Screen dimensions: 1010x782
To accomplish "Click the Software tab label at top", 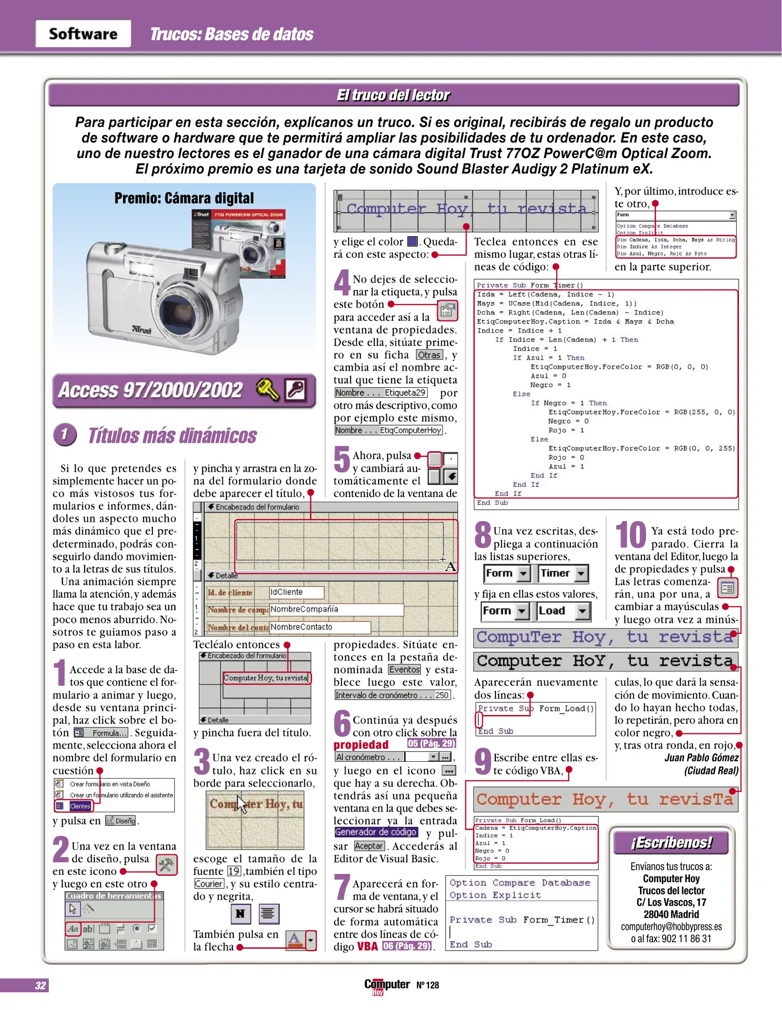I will (83, 34).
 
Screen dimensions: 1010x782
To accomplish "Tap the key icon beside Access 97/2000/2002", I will (268, 389).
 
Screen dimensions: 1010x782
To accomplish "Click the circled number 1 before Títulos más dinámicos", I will (65, 434).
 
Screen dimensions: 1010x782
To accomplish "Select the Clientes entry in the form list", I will (79, 806).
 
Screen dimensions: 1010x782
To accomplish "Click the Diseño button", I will (121, 821).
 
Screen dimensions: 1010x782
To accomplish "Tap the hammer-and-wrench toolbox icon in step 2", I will (166, 865).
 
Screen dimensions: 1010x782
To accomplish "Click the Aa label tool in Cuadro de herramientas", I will (72, 929).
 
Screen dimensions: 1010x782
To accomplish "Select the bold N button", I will (240, 913).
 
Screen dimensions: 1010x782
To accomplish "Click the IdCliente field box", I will (296, 592).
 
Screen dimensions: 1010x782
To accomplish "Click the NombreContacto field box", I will (320, 627).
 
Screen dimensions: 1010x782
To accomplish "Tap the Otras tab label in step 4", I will (429, 355).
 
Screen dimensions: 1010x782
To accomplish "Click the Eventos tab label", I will (404, 670).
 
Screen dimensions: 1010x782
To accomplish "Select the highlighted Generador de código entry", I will (376, 832).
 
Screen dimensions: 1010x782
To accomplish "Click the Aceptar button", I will (369, 846).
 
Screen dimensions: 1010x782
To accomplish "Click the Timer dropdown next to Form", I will (562, 573).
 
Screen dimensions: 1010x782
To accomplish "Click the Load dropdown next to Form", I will (562, 610).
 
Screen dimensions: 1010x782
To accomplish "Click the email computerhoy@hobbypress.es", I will (671, 926).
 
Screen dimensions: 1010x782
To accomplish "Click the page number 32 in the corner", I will (40, 985).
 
